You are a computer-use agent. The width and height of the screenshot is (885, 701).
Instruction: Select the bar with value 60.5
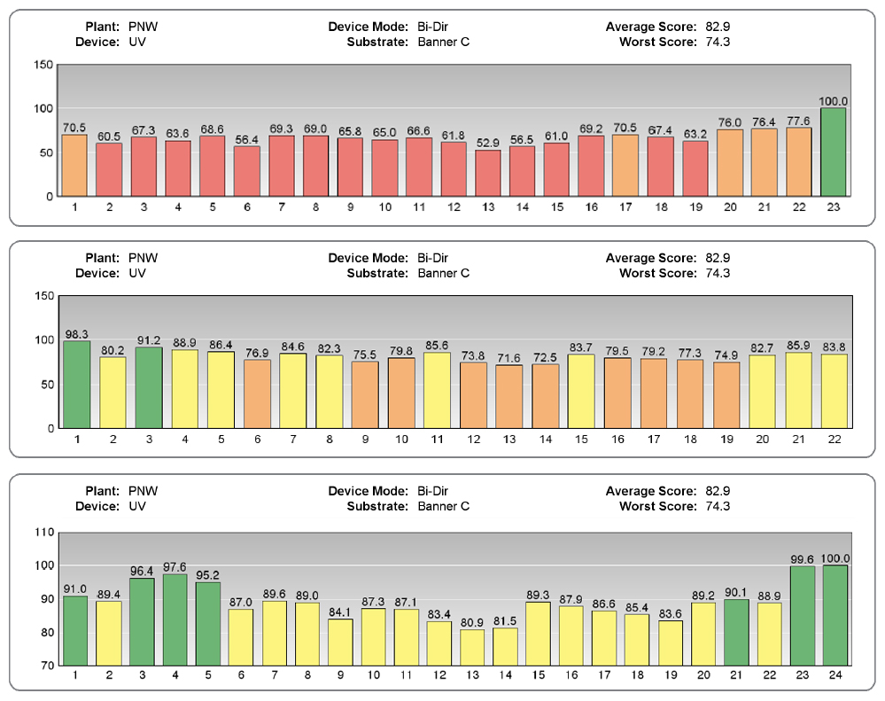tap(109, 169)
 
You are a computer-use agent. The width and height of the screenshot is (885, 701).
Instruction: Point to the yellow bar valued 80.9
tap(472, 647)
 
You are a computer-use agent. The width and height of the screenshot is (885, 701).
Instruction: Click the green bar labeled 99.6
tap(803, 616)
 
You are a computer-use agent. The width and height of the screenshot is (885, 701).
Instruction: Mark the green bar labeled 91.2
tap(148, 387)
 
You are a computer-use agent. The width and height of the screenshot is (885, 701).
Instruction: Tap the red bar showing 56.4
tap(247, 171)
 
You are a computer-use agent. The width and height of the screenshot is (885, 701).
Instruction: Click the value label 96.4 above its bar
tap(143, 571)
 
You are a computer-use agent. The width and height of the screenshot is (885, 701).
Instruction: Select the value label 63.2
tap(695, 134)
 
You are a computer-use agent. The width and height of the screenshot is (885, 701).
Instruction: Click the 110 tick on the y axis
tap(42, 533)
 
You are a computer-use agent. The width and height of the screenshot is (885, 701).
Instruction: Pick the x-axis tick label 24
tap(835, 676)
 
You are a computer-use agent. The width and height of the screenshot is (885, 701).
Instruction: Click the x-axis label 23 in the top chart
tap(834, 207)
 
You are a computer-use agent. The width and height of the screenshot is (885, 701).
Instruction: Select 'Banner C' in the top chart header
tap(444, 41)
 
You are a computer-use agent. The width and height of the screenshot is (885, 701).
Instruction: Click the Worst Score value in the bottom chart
tap(714, 506)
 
